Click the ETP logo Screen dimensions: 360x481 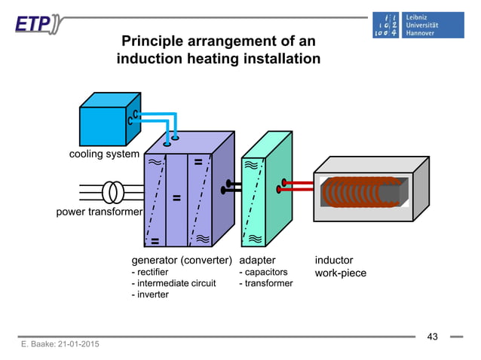tap(35, 24)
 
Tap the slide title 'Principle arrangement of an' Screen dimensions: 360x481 tap(219, 41)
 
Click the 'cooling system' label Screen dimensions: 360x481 tap(104, 154)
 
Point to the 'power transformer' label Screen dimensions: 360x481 tap(100, 212)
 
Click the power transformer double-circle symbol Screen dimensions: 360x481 tap(114, 191)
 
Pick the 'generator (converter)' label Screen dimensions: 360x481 tap(181, 261)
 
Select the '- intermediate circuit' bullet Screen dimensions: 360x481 tap(173, 283)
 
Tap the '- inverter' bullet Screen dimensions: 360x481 tap(150, 294)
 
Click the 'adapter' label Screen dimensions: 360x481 tap(257, 261)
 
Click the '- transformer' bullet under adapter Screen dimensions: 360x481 tap(265, 283)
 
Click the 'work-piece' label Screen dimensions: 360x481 tap(341, 273)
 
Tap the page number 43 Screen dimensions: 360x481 tap(432, 336)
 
